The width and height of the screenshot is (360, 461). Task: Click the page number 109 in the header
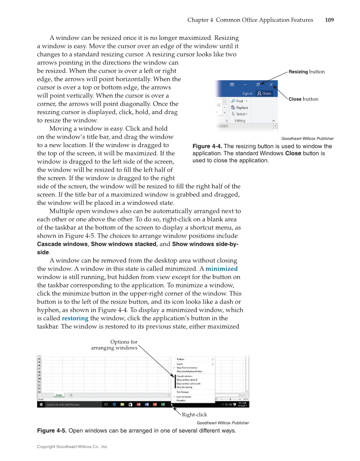pyautogui.click(x=329, y=20)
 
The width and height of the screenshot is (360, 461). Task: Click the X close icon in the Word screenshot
pyautogui.click(x=271, y=85)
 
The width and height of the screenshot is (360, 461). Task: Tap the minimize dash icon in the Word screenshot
pyautogui.click(x=246, y=85)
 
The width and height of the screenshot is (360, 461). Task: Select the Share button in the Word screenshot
pyautogui.click(x=264, y=93)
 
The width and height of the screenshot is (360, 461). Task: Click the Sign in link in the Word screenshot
pyautogui.click(x=247, y=93)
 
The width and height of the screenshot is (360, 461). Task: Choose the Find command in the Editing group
pyautogui.click(x=239, y=101)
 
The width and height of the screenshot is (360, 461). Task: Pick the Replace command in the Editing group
pyautogui.click(x=242, y=107)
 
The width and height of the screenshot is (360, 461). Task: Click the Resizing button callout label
pyautogui.click(x=306, y=72)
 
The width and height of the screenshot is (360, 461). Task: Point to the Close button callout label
pyautogui.click(x=303, y=99)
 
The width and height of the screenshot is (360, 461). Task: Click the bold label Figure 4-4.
pyautogui.click(x=207, y=147)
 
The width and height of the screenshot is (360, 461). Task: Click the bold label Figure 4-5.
pyautogui.click(x=52, y=431)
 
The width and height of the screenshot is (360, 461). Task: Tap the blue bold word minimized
pyautogui.click(x=221, y=269)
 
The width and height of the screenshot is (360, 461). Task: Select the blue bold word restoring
pyautogui.click(x=75, y=319)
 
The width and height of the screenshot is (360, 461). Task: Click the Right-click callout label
pyautogui.click(x=194, y=415)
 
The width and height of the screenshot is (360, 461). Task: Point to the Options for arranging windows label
pyautogui.click(x=114, y=345)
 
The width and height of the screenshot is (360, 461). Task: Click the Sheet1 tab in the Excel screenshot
pyautogui.click(x=59, y=395)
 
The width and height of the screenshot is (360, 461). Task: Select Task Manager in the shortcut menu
pyautogui.click(x=183, y=392)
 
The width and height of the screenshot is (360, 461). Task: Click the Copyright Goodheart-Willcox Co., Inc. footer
pyautogui.click(x=73, y=447)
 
